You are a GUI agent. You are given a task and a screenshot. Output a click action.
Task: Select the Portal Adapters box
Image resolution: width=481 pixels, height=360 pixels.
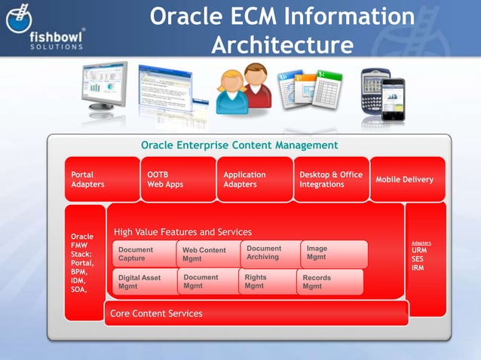[102, 179]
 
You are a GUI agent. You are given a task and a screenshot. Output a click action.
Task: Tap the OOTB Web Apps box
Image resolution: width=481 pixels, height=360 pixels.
[178, 179]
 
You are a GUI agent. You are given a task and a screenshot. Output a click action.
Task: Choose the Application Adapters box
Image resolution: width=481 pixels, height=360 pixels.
[254, 179]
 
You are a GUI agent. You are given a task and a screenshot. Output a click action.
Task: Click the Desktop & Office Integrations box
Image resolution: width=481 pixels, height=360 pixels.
[331, 179]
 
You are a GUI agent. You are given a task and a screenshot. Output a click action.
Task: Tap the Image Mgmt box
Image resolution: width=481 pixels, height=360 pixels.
[333, 253]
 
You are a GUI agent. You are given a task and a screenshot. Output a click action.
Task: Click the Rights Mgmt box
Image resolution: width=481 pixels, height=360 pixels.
[265, 282]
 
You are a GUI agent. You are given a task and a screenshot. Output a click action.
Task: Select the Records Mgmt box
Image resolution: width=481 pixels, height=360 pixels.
[329, 282]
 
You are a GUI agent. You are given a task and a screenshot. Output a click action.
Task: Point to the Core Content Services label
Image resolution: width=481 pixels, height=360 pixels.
[156, 313]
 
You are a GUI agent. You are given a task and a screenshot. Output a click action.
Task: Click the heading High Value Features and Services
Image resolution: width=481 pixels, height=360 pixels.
[182, 232]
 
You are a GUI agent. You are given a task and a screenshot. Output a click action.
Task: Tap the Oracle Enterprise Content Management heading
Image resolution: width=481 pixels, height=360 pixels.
[240, 145]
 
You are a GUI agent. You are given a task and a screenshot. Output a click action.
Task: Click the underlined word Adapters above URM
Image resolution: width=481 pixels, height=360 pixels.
[421, 243]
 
